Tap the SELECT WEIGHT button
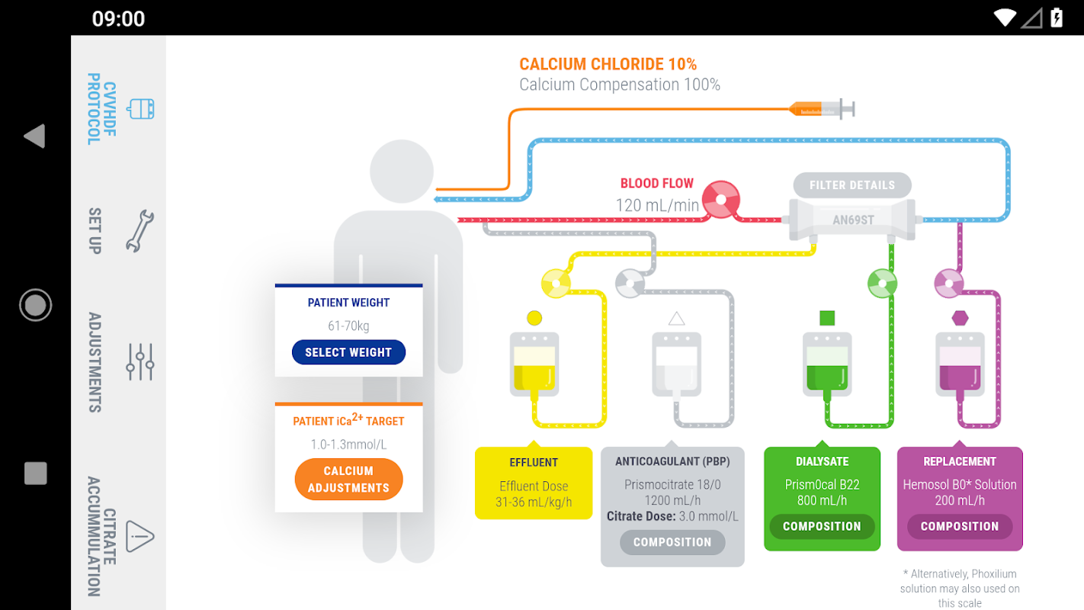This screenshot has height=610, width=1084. (x=348, y=352)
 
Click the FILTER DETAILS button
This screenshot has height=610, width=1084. (x=851, y=185)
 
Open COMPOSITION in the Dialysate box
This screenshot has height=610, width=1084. (x=821, y=526)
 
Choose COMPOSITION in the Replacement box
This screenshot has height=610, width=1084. (x=959, y=526)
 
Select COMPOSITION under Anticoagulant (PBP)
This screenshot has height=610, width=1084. (x=672, y=542)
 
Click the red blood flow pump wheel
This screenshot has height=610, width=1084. (x=720, y=200)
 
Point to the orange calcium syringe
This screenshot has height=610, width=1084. (x=820, y=109)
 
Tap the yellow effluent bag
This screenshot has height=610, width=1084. (x=534, y=364)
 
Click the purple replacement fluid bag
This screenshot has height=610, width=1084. (x=960, y=364)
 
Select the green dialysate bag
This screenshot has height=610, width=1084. (x=827, y=364)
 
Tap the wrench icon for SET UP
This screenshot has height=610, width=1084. (x=140, y=231)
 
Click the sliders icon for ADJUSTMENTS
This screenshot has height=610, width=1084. (x=140, y=361)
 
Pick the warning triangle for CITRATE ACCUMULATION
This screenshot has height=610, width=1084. (x=140, y=536)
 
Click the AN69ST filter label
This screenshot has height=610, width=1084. (x=852, y=220)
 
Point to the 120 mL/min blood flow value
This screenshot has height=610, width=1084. (x=657, y=205)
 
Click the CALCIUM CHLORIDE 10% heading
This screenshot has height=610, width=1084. (x=608, y=65)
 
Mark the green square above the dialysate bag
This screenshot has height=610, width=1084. (x=827, y=318)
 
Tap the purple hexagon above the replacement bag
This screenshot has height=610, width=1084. (x=960, y=318)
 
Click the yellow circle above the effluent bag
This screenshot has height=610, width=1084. (x=534, y=318)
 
